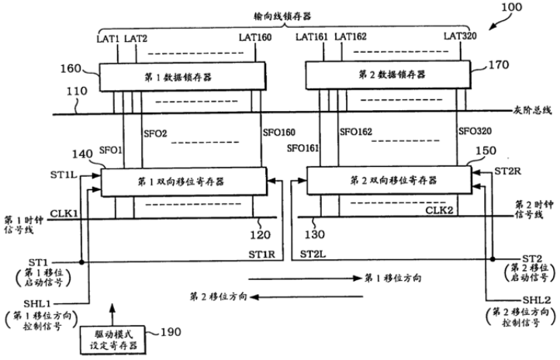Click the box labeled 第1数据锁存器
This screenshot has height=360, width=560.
[x=182, y=77]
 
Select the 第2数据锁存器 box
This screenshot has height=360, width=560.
[x=388, y=74]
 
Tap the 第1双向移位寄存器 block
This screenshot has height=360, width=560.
[x=184, y=182]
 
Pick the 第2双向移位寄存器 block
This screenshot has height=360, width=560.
[x=389, y=180]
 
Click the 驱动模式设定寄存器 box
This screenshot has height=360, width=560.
[x=113, y=341]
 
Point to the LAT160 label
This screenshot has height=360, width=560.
[x=255, y=37]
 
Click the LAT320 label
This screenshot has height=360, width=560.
[x=460, y=36]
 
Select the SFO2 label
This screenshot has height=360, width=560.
[x=155, y=133]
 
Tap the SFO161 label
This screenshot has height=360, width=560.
[x=302, y=148]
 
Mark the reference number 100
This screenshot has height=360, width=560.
[x=511, y=7]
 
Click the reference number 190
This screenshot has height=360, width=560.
[x=171, y=332]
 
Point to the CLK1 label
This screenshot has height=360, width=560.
[x=64, y=213]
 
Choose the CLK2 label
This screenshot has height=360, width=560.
[x=439, y=210]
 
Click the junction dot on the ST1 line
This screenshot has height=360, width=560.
[x=81, y=262]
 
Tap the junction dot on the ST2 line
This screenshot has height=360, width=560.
[x=493, y=259]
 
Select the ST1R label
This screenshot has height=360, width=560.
[x=262, y=254]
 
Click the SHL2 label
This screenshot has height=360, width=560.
[x=537, y=299]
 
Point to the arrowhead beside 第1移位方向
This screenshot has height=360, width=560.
[x=357, y=279]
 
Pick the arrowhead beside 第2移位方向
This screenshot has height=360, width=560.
[x=254, y=297]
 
